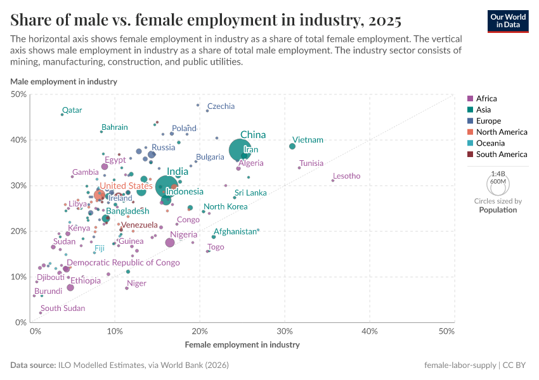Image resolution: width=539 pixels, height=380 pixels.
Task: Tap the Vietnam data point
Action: coord(292,146)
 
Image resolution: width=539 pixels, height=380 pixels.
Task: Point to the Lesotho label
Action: coord(346,176)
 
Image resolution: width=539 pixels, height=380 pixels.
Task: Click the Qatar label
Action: coord(72,110)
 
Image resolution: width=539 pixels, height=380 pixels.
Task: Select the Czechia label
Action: coord(221,106)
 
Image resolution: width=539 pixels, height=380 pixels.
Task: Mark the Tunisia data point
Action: coord(299,167)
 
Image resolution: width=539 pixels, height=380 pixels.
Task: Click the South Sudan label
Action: coord(62,308)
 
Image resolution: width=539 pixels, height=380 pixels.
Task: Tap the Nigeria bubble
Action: coord(170,243)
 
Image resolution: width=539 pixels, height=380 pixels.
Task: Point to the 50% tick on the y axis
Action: coord(19,94)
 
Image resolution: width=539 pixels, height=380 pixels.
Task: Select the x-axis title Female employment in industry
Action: coord(242,345)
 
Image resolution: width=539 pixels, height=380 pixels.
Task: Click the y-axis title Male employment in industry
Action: coord(63,82)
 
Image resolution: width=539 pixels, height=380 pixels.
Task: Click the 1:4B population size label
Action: coord(498,174)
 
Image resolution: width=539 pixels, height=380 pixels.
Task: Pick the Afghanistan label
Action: coord(235,232)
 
